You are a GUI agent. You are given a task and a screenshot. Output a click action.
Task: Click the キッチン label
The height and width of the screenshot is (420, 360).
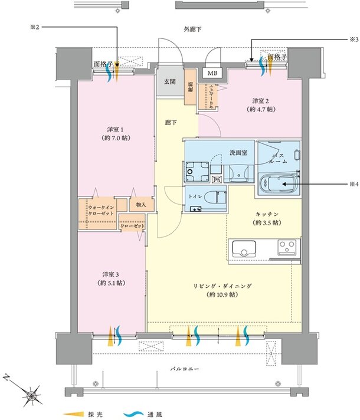tap(268, 218)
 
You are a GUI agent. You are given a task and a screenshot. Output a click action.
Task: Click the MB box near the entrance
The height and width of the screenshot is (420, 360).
tap(211, 73)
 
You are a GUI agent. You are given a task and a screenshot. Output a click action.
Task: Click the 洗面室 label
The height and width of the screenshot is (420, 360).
tap(238, 152)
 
